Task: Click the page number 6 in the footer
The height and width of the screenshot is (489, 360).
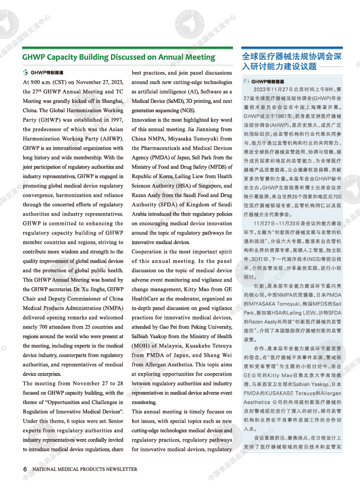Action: pos(25,469)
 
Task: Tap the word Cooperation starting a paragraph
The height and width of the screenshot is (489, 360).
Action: pos(149,252)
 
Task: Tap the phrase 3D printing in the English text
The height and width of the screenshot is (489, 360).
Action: pos(190,101)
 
